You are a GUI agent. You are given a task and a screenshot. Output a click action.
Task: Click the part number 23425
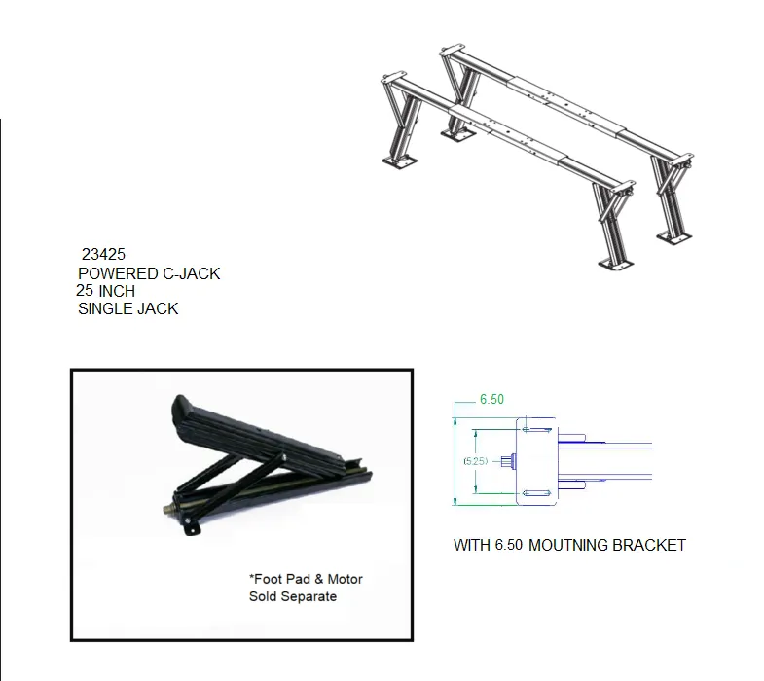(x=103, y=254)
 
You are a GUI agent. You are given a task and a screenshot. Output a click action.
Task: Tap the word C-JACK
(x=192, y=273)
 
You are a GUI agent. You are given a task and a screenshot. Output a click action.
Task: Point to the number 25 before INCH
(x=85, y=291)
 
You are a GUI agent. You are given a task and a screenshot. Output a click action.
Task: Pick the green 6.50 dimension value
(x=491, y=400)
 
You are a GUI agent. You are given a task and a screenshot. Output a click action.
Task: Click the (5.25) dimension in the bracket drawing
(x=476, y=461)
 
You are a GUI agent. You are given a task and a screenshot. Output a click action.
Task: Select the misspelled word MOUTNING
(x=567, y=545)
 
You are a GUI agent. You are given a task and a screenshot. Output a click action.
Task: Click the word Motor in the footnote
(x=345, y=579)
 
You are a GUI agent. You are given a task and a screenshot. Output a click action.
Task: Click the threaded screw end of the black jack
(x=169, y=510)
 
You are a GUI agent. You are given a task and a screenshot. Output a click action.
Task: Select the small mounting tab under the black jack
(x=192, y=528)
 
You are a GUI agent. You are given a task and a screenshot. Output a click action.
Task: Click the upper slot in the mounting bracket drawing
(x=537, y=430)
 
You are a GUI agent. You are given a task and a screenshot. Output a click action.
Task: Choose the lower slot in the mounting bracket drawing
(x=537, y=493)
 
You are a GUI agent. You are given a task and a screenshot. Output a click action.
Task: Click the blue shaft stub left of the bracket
(x=509, y=461)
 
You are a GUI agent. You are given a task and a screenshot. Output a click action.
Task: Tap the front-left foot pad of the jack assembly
(x=400, y=161)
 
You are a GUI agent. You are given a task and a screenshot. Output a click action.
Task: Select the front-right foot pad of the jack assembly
(x=616, y=264)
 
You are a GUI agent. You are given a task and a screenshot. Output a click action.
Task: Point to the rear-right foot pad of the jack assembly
(x=673, y=237)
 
